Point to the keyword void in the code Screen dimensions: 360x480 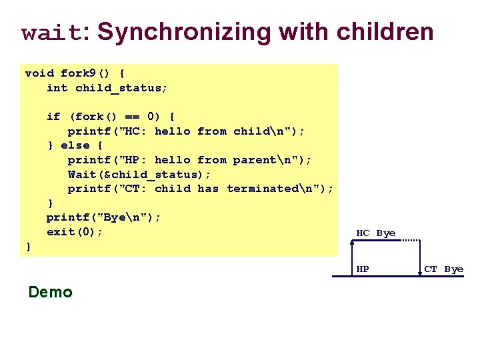pyautogui.click(x=39, y=73)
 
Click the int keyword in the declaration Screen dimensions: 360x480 pyautogui.click(x=57, y=87)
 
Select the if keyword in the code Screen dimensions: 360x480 pyautogui.click(x=53, y=117)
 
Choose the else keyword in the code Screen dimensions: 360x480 pyautogui.click(x=75, y=145)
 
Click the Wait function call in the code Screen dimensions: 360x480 pyautogui.click(x=82, y=174)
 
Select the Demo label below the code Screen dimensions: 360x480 pyautogui.click(x=51, y=292)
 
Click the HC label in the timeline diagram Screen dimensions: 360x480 pyautogui.click(x=363, y=233)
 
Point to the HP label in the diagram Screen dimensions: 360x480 pyautogui.click(x=363, y=269)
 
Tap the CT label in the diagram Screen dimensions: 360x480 pyautogui.click(x=431, y=269)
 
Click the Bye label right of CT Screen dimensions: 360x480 pyautogui.click(x=454, y=269)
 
